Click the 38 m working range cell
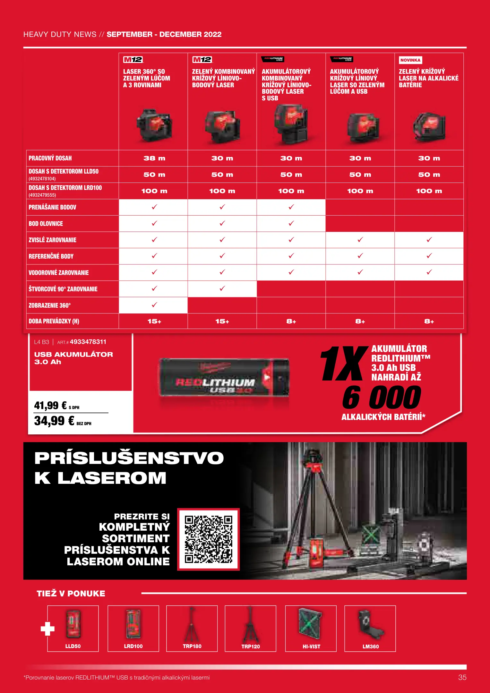pyautogui.click(x=154, y=158)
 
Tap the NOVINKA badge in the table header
pyautogui.click(x=410, y=60)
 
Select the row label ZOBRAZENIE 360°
pyautogui.click(x=50, y=305)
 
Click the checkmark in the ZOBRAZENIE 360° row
pyautogui.click(x=154, y=305)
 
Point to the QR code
pyautogui.click(x=208, y=539)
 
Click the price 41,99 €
pyautogui.click(x=51, y=406)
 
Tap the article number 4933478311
pyautogui.click(x=88, y=342)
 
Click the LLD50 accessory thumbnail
pyautogui.click(x=73, y=628)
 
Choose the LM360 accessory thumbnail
pyautogui.click(x=370, y=628)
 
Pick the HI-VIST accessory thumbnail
pyautogui.click(x=311, y=628)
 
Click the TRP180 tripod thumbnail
pyautogui.click(x=192, y=628)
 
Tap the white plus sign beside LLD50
pyautogui.click(x=47, y=629)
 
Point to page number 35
pyautogui.click(x=462, y=677)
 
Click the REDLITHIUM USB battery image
pyautogui.click(x=224, y=378)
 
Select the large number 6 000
pyautogui.click(x=382, y=398)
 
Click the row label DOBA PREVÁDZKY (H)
pyautogui.click(x=54, y=321)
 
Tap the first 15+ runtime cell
pyautogui.click(x=154, y=321)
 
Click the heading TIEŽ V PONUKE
pyautogui.click(x=71, y=594)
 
